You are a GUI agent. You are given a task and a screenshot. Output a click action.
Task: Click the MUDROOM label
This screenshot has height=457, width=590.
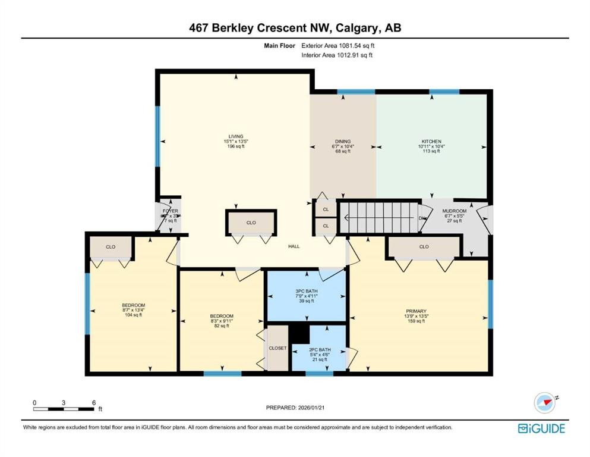(454, 211)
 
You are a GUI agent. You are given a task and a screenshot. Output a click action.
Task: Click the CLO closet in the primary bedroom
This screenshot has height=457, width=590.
(424, 246)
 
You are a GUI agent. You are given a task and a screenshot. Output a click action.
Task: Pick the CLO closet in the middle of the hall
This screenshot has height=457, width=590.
(251, 223)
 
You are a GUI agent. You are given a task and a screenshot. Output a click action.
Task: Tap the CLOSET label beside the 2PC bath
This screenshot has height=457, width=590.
(277, 348)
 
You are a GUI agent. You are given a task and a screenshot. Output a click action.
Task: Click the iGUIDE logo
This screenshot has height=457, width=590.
(541, 428)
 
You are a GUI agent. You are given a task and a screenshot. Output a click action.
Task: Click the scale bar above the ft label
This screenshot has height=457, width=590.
(64, 408)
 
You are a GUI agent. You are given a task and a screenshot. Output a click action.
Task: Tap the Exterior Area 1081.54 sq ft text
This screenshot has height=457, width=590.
(338, 45)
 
